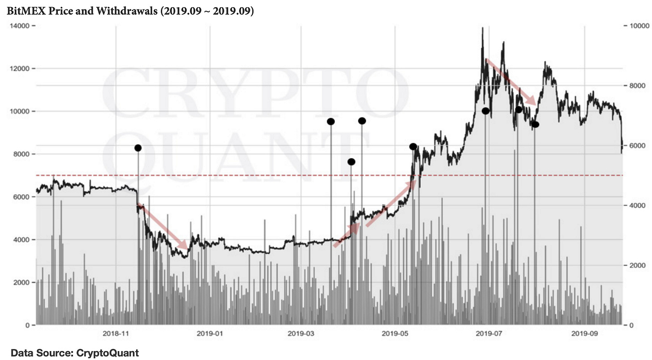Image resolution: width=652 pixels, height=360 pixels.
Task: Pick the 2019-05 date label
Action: pos(395,334)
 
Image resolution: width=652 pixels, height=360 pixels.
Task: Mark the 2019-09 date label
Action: pos(585,334)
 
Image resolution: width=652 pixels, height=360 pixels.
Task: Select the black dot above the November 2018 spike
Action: pos(138,148)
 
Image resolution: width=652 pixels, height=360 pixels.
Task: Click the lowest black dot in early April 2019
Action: pos(351,162)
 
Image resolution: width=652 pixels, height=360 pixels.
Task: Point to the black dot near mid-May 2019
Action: pos(413,146)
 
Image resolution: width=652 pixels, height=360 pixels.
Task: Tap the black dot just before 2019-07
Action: pos(485,111)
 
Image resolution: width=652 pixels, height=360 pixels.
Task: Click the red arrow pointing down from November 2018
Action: pos(162,227)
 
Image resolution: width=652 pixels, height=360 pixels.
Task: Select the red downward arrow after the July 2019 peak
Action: pos(510,82)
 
